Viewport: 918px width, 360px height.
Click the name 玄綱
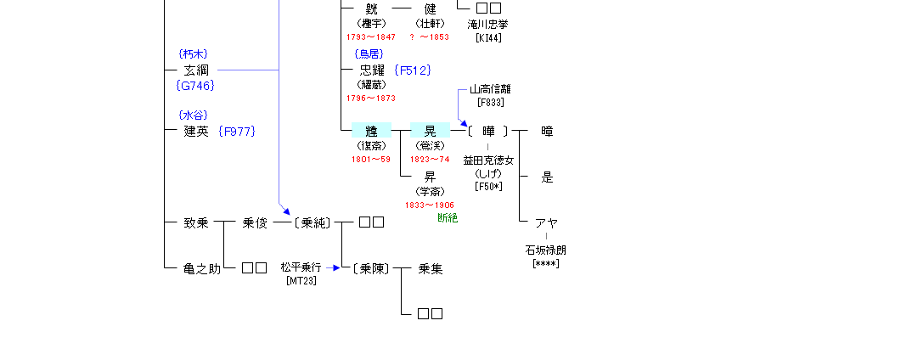click(x=196, y=70)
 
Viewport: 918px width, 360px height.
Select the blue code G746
click(x=195, y=85)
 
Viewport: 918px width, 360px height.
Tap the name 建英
click(x=196, y=131)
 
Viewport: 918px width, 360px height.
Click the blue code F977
click(x=237, y=131)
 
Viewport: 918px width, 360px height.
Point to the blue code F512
click(x=413, y=70)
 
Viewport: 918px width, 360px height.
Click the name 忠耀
click(x=372, y=70)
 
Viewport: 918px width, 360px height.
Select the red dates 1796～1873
click(x=371, y=98)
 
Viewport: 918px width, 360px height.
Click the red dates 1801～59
click(x=371, y=159)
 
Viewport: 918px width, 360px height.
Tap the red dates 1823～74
click(x=430, y=159)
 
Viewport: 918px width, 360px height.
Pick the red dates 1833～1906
click(x=430, y=205)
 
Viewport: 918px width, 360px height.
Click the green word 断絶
click(x=448, y=218)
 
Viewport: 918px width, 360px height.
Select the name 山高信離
click(x=490, y=89)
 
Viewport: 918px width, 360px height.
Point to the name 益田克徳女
click(x=488, y=160)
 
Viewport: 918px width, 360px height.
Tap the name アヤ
click(x=546, y=223)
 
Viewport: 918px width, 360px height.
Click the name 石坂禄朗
click(x=546, y=250)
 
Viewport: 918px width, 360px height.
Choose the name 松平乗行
click(x=301, y=267)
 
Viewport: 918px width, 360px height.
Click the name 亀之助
click(x=202, y=269)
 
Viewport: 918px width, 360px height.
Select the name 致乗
click(x=196, y=223)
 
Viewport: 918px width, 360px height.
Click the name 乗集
click(x=431, y=269)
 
